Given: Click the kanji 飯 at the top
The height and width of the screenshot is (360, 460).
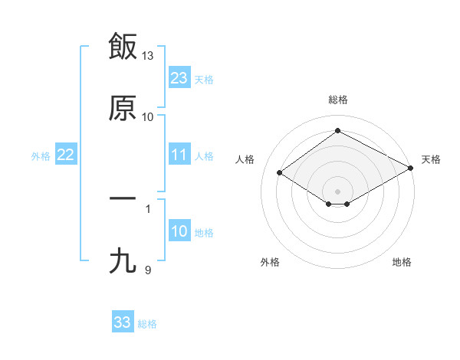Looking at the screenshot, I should point(123,46).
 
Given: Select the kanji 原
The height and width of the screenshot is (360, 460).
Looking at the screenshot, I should point(123,108).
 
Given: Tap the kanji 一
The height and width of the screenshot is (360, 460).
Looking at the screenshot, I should point(123,198).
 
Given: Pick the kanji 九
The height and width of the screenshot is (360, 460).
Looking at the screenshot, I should point(123,261).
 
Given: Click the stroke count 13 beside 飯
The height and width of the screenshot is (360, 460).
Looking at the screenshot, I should point(148,56).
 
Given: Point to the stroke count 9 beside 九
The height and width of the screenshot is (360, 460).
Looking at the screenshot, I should point(148,270).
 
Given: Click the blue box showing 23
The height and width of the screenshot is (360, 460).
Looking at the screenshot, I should point(179,78).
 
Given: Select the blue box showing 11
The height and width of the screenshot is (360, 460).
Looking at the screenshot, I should point(179,155).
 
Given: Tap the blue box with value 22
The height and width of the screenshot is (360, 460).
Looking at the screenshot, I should point(66,155).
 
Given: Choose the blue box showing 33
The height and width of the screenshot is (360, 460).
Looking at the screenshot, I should point(123,322).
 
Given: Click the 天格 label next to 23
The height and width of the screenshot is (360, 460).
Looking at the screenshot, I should point(204,80).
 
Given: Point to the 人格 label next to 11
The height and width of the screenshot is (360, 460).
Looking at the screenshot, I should point(204,156).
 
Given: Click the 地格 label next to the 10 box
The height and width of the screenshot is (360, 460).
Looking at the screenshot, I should point(204,233).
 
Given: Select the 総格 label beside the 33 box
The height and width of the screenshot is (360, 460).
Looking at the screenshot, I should point(147,324).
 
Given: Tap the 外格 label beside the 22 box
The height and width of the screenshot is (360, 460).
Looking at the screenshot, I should point(41,156).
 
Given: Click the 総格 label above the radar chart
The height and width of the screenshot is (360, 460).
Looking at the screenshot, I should point(337,100).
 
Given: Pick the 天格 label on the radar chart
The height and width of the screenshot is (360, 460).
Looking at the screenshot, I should point(431,159).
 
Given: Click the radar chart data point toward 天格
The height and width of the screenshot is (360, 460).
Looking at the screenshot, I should point(411,169).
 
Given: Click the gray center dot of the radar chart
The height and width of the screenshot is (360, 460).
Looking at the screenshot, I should point(337,191).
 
